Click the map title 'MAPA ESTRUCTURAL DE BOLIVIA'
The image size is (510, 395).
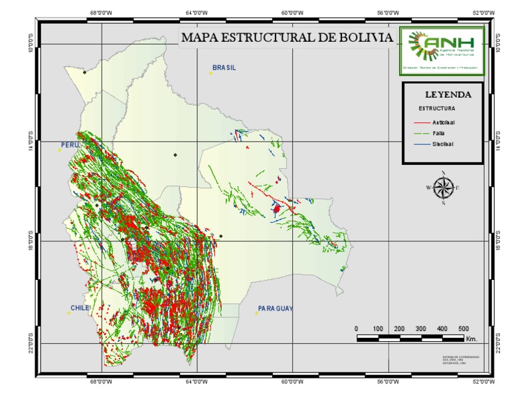coord(287,37)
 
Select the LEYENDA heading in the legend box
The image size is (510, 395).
coord(448,94)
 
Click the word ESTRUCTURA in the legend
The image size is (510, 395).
coord(436,108)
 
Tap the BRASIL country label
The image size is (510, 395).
coord(224,68)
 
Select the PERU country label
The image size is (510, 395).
coord(70,144)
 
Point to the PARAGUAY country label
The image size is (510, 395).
coord(275,309)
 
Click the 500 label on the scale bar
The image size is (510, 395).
coord(464,329)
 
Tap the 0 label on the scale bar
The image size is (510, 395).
coord(357,329)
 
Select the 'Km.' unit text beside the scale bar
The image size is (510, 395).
coord(472,339)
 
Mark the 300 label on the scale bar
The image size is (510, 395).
coord(420,329)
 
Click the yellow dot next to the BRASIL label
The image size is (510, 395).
coord(211,73)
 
